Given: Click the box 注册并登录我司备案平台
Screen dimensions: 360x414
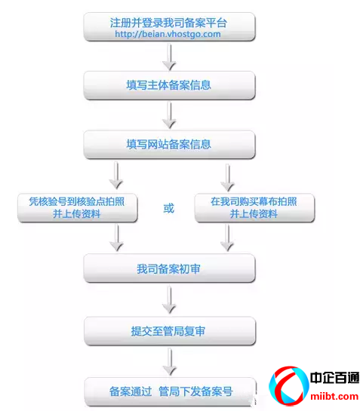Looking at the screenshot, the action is click(x=169, y=26).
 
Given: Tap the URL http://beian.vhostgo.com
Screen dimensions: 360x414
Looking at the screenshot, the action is click(x=168, y=34).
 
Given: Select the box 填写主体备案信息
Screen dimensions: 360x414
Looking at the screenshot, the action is click(x=169, y=85).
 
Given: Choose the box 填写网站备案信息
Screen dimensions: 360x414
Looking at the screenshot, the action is click(x=169, y=145).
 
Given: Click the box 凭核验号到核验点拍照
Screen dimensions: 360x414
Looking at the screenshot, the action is click(x=78, y=208).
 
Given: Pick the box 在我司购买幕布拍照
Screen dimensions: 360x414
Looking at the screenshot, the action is click(x=254, y=208).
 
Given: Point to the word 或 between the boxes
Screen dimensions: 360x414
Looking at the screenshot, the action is click(x=168, y=208).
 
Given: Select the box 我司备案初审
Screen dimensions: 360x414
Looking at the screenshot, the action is click(x=169, y=268).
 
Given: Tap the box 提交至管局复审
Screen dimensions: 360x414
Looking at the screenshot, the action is click(x=170, y=331).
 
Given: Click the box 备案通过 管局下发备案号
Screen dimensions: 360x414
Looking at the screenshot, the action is click(x=171, y=391).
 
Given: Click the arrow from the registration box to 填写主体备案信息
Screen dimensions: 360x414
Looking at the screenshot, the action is click(x=169, y=57).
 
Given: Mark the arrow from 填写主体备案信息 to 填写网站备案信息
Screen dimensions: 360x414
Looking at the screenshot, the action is click(x=169, y=115).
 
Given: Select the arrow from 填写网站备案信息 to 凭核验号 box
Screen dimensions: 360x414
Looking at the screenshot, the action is click(x=116, y=175).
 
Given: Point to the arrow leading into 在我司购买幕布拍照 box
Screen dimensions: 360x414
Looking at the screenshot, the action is click(x=228, y=177).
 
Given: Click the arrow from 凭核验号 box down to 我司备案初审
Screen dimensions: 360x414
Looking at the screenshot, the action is click(x=116, y=238).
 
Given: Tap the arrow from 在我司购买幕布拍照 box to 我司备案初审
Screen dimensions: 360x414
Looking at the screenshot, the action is click(x=227, y=238).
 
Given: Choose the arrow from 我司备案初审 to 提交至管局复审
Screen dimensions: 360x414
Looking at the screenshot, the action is click(x=169, y=300).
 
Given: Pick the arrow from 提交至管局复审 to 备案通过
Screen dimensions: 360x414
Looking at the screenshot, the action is click(x=170, y=361).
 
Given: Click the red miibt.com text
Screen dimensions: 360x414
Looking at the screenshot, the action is click(x=334, y=397).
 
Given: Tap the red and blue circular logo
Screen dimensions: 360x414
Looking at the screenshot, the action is click(x=288, y=385).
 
